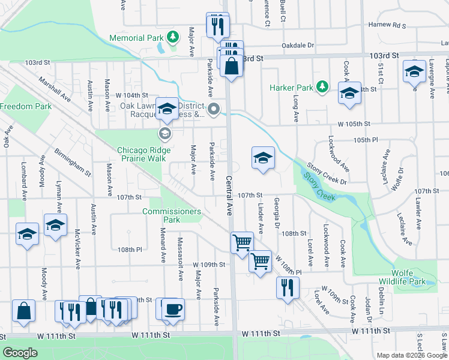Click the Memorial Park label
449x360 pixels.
pyautogui.click(x=136, y=38)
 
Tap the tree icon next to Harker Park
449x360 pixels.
pyautogui.click(x=322, y=87)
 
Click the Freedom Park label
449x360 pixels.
pyautogui.click(x=26, y=106)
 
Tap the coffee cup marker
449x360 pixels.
pyautogui.click(x=173, y=308)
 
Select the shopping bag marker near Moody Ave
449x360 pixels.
pyautogui.click(x=23, y=311)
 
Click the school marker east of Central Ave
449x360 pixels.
pyautogui.click(x=262, y=158)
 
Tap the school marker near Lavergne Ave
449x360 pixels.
pyautogui.click(x=414, y=72)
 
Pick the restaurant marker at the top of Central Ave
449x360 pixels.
pyautogui.click(x=217, y=25)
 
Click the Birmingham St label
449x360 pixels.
pyautogui.click(x=72, y=163)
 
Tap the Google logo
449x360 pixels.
pyautogui.click(x=20, y=353)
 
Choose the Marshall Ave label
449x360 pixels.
pyautogui.click(x=54, y=89)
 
